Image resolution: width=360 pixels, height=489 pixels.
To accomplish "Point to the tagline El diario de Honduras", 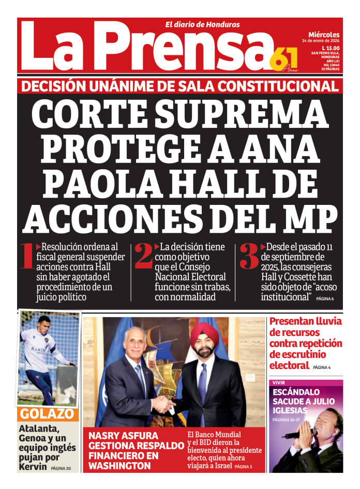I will [x=202, y=24].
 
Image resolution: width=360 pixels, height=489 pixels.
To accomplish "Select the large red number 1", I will [x=27, y=257].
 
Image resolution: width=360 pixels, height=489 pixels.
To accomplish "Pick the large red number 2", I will [x=143, y=257].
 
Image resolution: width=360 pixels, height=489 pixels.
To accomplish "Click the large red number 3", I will [x=249, y=257].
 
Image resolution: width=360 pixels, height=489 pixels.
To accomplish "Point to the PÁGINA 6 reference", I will [x=325, y=299].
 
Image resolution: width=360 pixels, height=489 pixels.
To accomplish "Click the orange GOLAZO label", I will [x=47, y=414].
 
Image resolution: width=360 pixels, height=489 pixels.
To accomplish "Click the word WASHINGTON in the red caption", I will [x=119, y=466].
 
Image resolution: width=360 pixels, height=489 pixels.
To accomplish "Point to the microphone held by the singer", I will [x=295, y=434].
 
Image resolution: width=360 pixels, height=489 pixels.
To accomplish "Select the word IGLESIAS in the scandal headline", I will [x=291, y=410].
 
